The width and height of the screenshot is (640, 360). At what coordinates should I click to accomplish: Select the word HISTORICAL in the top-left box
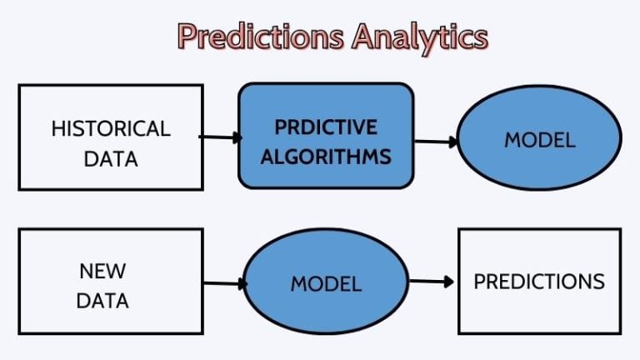[111, 128]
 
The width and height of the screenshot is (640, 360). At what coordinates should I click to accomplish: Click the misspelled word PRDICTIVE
[326, 127]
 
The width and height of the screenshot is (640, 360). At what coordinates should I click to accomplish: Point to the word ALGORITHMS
[326, 157]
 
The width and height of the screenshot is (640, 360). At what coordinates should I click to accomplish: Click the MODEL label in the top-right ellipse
[539, 140]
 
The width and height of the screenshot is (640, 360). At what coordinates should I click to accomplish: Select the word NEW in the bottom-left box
[102, 271]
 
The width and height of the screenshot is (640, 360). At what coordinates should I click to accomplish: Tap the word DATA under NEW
[102, 300]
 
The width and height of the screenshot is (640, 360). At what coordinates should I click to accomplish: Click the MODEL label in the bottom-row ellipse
[326, 283]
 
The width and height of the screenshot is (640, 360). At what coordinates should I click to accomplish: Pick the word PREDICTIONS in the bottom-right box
[539, 282]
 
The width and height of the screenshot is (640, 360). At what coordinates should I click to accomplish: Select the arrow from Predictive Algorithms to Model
[436, 142]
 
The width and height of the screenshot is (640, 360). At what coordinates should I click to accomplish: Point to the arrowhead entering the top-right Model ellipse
[454, 142]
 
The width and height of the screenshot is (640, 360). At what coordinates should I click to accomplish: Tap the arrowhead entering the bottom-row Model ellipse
[242, 284]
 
